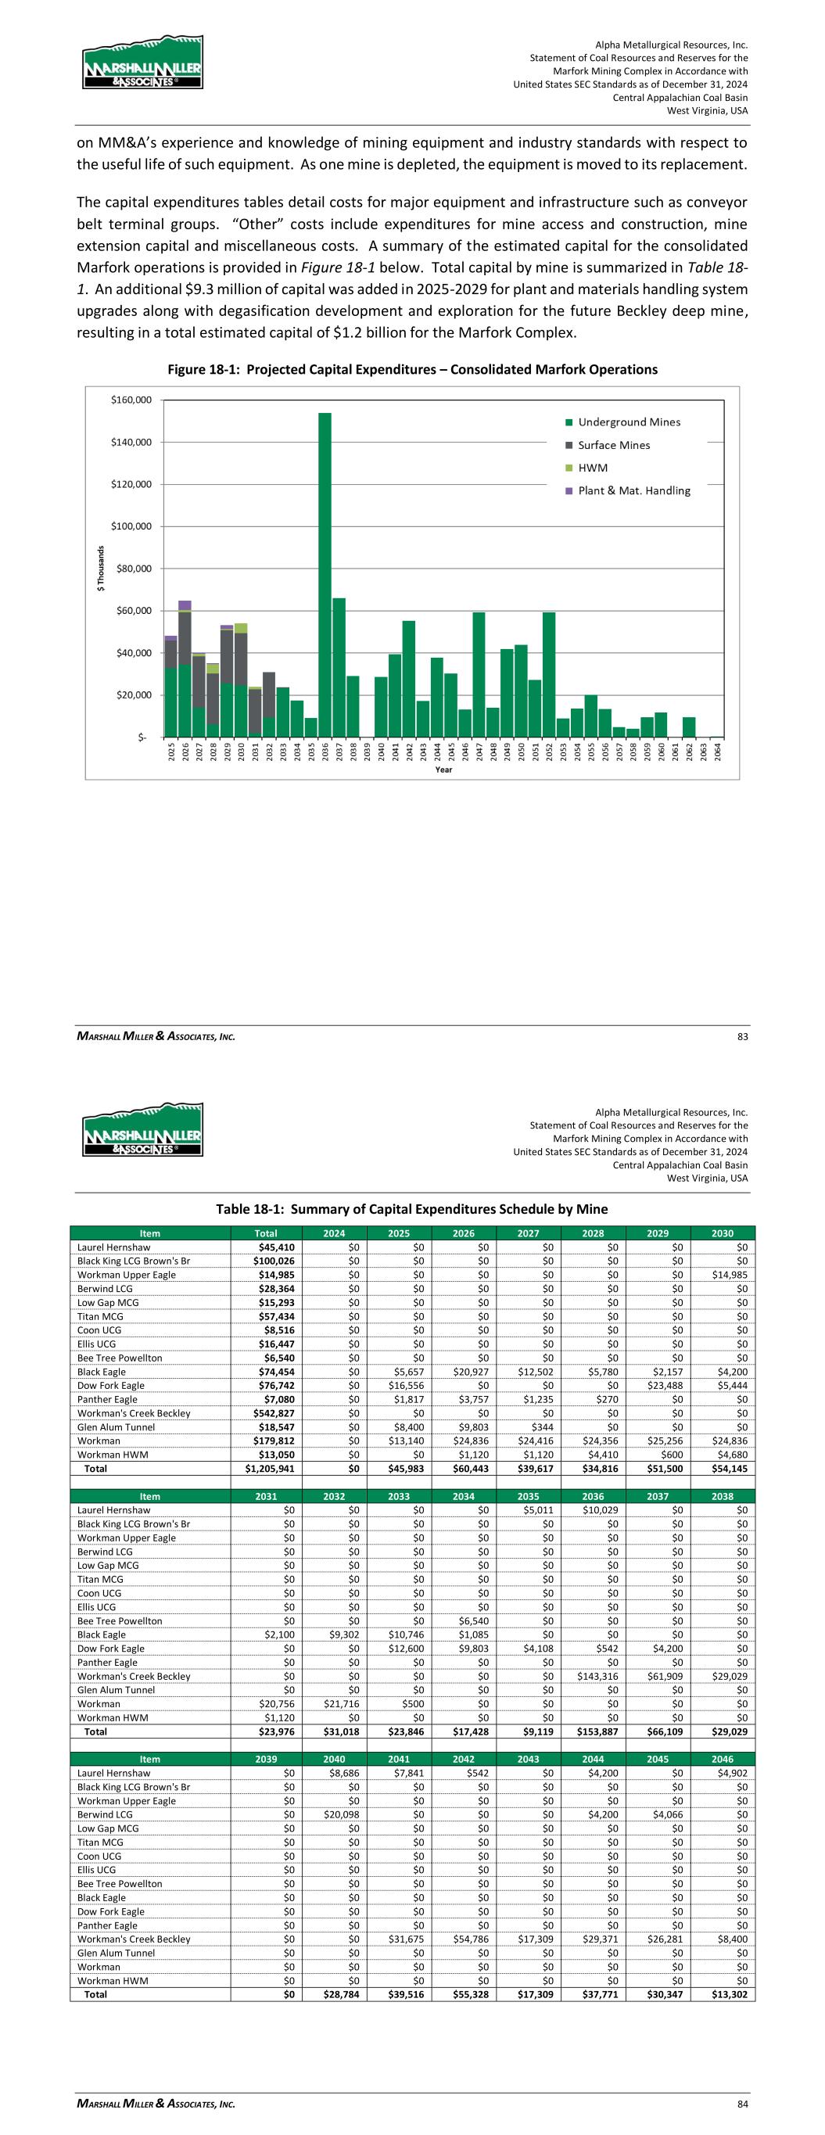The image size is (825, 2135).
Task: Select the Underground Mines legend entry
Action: pos(629,422)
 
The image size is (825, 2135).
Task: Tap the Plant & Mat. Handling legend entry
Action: pos(633,490)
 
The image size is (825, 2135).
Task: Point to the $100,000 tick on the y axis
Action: pos(132,526)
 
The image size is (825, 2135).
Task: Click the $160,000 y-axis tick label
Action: pos(132,400)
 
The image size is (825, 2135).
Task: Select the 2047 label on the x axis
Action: pos(479,751)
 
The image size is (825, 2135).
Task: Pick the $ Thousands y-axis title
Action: pos(101,568)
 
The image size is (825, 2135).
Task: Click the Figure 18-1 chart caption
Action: pos(412,370)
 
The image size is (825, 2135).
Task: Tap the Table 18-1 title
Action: pos(412,1209)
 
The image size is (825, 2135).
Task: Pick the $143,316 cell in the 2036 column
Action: pos(594,1676)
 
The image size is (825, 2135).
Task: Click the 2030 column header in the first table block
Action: pos(723,1233)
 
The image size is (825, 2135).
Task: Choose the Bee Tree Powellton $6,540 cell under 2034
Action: pos(465,1620)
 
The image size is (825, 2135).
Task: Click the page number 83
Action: pos(742,1036)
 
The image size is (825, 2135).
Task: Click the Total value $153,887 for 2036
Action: pos(594,1731)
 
